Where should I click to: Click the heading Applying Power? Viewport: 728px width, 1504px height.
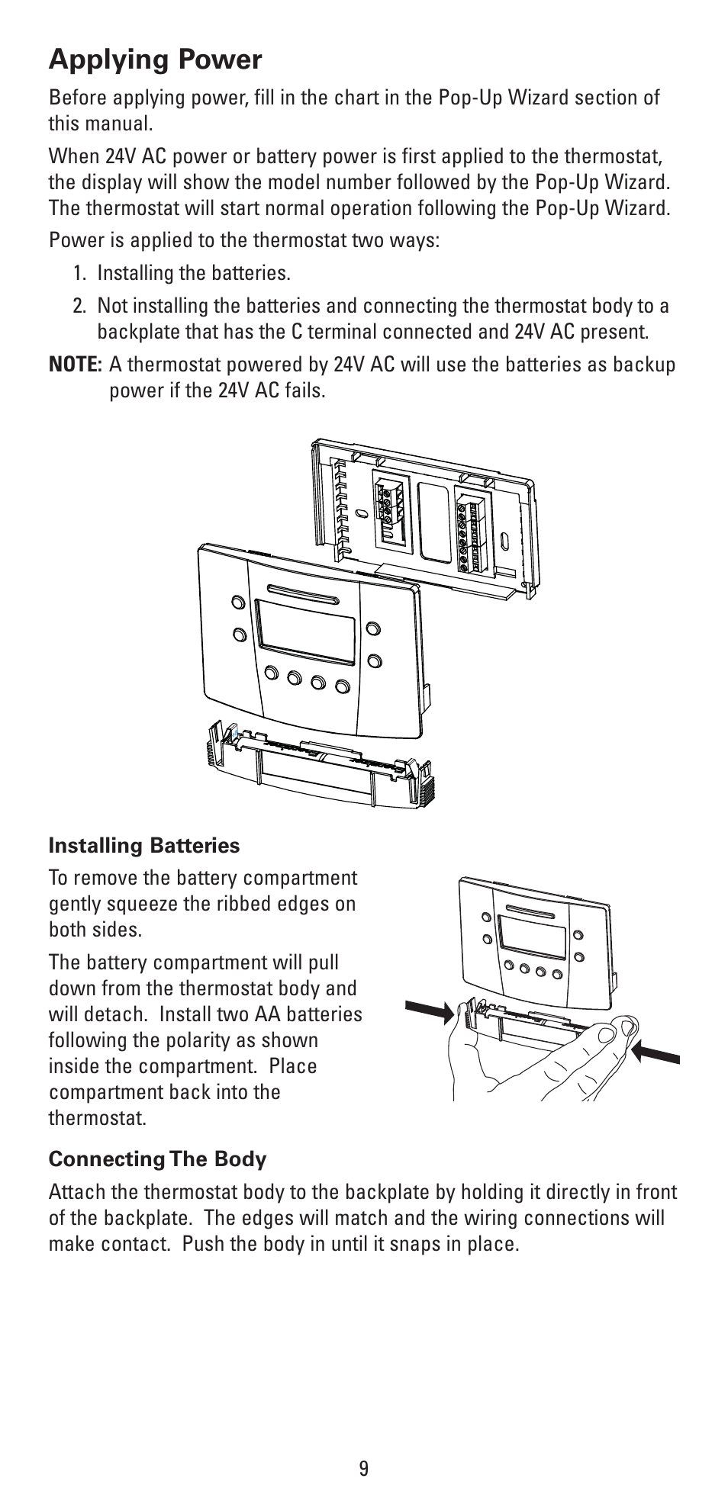tap(155, 59)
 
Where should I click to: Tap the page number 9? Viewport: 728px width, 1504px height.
tap(363, 1468)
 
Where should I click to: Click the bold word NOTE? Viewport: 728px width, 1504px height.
tap(75, 365)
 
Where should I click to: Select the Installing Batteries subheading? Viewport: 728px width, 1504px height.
tap(144, 845)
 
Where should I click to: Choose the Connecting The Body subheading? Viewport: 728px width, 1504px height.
tap(157, 1159)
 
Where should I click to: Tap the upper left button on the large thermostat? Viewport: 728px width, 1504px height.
tap(238, 601)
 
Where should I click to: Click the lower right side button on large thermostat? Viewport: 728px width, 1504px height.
tap(372, 659)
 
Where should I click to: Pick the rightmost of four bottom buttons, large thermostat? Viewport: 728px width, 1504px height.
tap(343, 686)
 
